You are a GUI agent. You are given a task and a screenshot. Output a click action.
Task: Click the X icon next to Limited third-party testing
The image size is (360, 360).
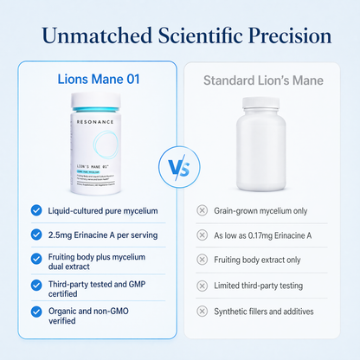202,285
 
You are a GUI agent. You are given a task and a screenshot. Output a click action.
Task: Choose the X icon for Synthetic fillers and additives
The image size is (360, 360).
202,311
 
